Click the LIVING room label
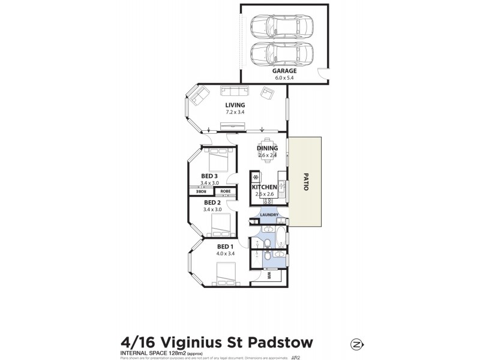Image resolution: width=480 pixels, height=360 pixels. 235,105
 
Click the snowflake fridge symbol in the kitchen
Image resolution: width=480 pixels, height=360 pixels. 256,178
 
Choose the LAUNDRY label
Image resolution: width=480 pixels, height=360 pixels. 270,214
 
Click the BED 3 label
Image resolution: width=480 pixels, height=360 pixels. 211,176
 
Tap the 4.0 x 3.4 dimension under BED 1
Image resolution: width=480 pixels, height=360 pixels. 225,254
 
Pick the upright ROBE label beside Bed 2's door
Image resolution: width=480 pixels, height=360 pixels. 226,192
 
